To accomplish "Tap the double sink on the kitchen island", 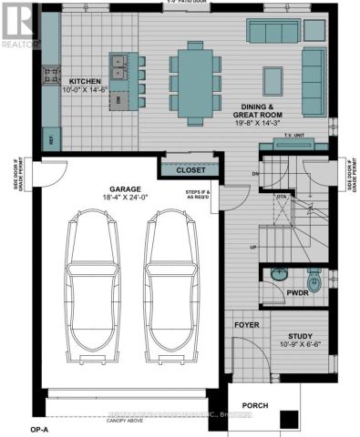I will point(118,66).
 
